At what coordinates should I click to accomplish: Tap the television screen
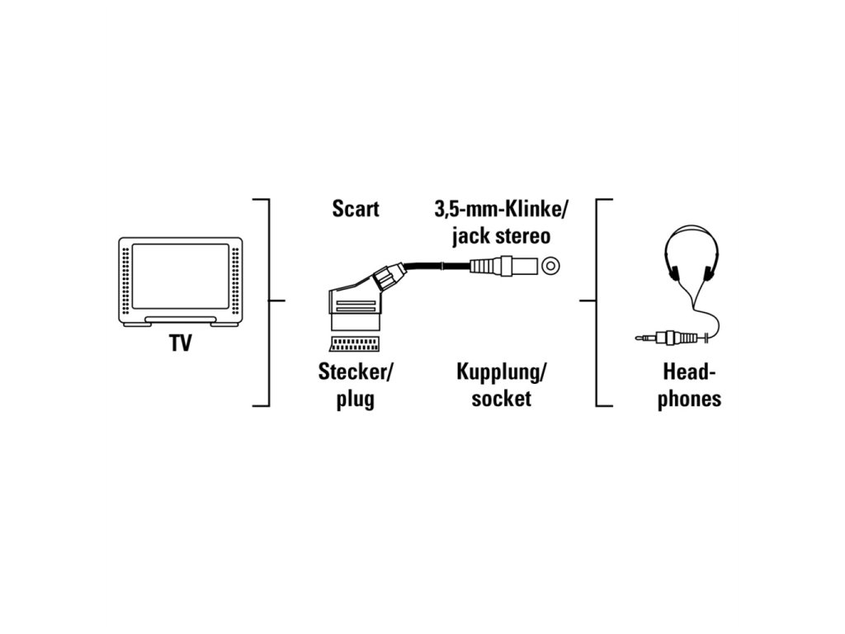click(x=181, y=277)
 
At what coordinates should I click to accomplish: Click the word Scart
click(x=356, y=209)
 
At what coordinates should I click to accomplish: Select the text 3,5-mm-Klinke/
click(x=501, y=209)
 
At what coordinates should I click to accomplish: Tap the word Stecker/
click(x=356, y=371)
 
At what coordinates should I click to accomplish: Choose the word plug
click(x=356, y=400)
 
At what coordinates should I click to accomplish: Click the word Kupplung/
click(x=501, y=371)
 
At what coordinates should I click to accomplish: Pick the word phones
click(x=689, y=399)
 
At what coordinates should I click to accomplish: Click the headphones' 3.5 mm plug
click(x=660, y=337)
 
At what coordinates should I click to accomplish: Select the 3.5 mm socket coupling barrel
click(x=500, y=266)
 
